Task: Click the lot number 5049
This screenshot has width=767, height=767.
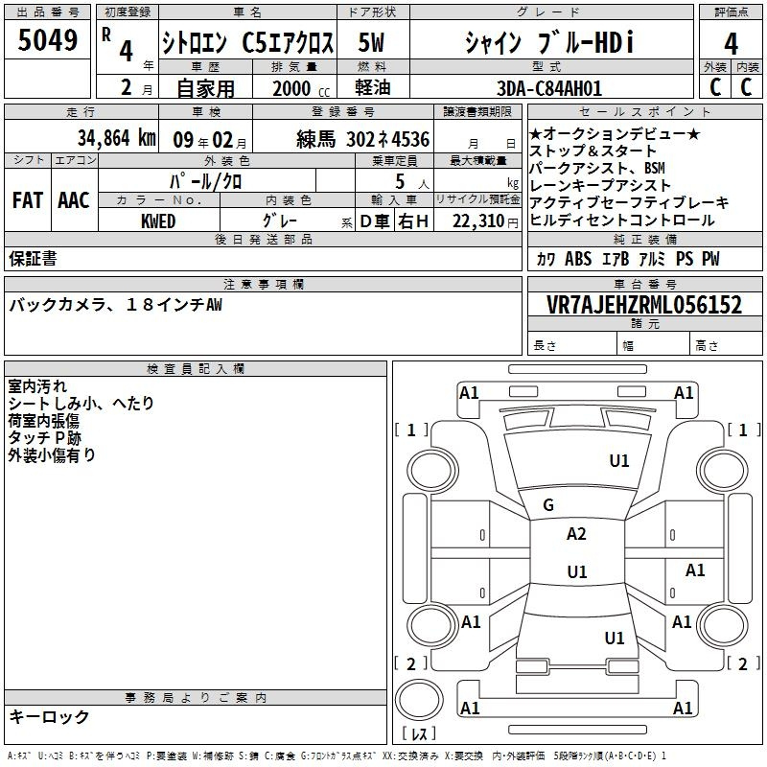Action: tap(48, 40)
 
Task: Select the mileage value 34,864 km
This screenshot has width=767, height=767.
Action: tap(116, 138)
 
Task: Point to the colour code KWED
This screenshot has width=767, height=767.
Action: tap(158, 221)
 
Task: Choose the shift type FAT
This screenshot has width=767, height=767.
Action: tap(28, 200)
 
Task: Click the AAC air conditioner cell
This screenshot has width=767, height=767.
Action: tap(74, 200)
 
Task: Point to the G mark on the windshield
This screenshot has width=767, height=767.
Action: tap(548, 505)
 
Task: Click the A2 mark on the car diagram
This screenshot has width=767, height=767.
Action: tap(576, 534)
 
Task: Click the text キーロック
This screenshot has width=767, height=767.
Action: tap(49, 717)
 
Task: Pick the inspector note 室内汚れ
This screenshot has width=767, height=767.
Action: tap(37, 386)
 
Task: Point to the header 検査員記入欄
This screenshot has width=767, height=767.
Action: tap(196, 368)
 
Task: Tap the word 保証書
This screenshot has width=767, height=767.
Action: tap(33, 259)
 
